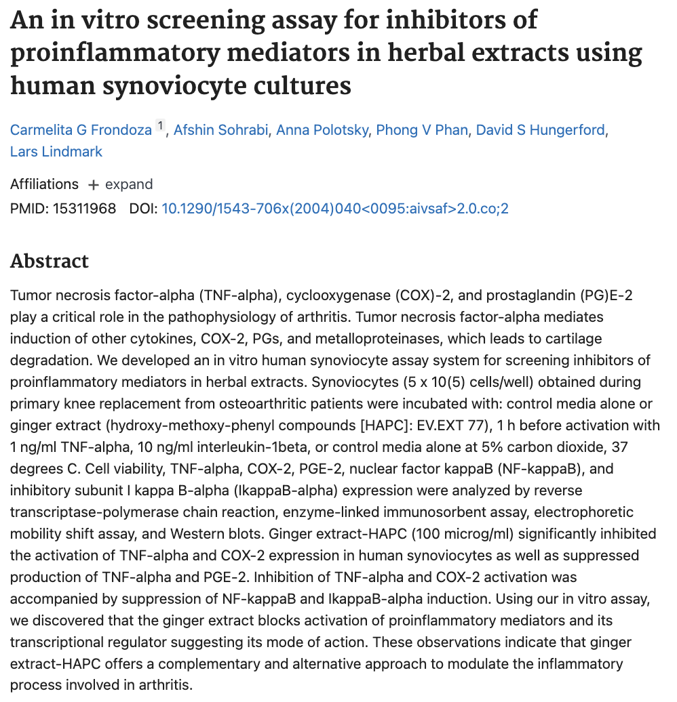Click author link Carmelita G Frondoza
pyautogui.click(x=81, y=129)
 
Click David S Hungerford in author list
pyautogui.click(x=540, y=129)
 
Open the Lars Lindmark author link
pyautogui.click(x=56, y=151)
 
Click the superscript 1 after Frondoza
pyautogui.click(x=160, y=126)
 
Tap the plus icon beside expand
pyautogui.click(x=94, y=185)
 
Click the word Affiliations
pyautogui.click(x=44, y=184)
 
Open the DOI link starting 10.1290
pyautogui.click(x=334, y=208)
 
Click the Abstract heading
pyautogui.click(x=50, y=261)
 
